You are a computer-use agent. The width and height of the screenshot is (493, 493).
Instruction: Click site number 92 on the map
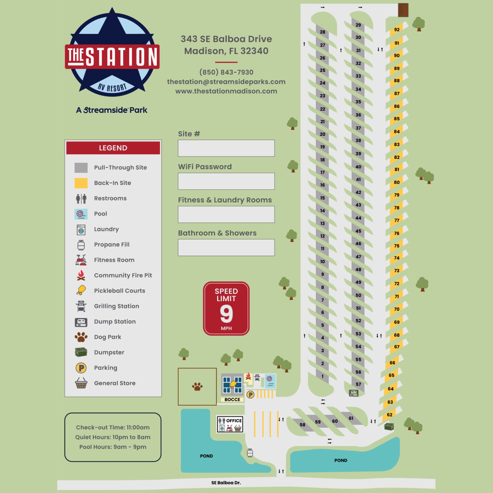396,30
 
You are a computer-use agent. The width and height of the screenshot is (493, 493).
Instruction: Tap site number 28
323,32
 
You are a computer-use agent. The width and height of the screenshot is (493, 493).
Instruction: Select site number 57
358,384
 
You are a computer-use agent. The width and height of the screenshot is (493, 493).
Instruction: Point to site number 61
351,418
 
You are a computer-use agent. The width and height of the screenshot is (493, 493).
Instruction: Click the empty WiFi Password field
226,181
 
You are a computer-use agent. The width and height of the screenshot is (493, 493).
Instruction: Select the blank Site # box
226,148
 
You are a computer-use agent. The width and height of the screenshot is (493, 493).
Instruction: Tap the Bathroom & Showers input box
226,247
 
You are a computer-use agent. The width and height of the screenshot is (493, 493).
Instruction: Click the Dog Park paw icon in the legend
81,337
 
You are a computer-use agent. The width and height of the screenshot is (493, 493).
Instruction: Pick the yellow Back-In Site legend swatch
81,183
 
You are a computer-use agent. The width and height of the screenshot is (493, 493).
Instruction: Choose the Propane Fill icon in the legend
81,245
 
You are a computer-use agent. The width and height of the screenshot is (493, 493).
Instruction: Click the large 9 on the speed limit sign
226,314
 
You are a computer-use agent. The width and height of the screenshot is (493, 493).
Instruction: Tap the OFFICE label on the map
234,421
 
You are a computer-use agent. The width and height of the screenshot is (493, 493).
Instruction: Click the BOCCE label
232,400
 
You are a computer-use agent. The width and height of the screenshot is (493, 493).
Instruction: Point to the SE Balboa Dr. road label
226,483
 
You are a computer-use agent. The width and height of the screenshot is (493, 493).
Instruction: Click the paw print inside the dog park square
197,387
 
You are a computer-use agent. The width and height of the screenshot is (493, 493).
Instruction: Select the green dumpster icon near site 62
389,426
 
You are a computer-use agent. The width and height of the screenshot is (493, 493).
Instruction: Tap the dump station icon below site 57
354,393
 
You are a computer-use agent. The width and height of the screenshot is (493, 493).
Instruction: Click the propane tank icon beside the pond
250,453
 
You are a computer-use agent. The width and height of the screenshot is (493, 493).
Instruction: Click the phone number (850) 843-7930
226,72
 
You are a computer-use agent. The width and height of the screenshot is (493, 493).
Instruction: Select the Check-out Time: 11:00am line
113,428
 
